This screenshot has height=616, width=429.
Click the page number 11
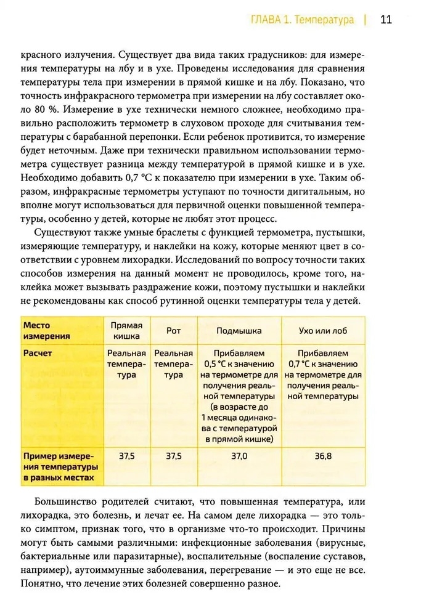(x=386, y=19)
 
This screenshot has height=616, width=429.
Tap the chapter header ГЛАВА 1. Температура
(x=302, y=20)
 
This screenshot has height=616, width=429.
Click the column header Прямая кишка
(x=126, y=330)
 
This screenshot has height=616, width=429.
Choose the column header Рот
(x=174, y=331)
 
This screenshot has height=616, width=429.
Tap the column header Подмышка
(x=240, y=331)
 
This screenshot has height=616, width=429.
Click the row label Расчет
(x=38, y=354)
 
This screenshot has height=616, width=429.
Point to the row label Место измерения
(x=46, y=330)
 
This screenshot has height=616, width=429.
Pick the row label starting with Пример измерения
(x=59, y=466)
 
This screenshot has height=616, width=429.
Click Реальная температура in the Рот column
(x=174, y=364)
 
